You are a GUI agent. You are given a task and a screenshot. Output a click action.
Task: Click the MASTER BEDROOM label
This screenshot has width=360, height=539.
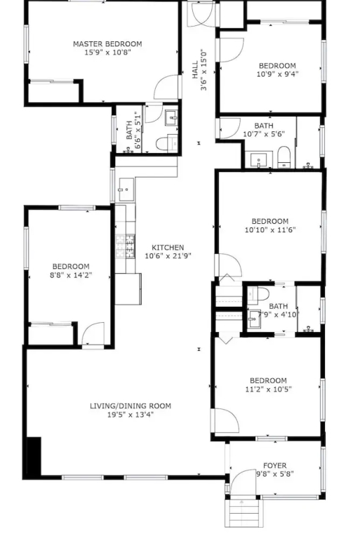click(107, 44)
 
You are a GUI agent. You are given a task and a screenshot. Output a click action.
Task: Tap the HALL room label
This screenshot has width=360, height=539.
click(195, 69)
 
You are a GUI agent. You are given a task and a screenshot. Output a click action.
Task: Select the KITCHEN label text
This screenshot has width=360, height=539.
click(168, 248)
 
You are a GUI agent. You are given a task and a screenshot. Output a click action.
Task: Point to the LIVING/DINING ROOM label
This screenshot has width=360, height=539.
click(131, 406)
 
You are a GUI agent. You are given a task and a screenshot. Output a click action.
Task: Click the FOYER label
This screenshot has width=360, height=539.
click(274, 466)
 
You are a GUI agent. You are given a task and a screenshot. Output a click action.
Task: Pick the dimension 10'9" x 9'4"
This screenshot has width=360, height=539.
click(277, 74)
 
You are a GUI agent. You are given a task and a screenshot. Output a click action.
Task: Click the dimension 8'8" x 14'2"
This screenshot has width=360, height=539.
click(71, 275)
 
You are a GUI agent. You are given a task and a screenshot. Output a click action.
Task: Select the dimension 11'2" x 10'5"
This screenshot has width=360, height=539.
click(268, 389)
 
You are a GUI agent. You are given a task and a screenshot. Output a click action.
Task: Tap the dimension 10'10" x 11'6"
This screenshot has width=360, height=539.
click(270, 229)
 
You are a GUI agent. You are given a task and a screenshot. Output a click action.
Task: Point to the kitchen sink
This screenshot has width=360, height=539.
click(126, 189)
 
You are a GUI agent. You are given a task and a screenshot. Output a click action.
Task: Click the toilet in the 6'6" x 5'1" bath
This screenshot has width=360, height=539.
click(166, 143)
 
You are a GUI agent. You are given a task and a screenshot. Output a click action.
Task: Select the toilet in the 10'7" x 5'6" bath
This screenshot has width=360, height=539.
click(284, 157)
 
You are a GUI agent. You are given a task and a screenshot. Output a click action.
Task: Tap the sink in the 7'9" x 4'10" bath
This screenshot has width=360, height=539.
click(255, 319)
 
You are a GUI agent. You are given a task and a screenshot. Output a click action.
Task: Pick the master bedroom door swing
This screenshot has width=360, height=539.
click(167, 87)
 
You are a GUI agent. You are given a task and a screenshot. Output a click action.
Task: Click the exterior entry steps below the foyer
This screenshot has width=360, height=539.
click(242, 513)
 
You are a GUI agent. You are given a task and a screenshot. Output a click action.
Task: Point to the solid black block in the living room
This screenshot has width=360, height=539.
click(34, 456)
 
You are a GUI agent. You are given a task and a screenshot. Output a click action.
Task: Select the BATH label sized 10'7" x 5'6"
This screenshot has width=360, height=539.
click(264, 126)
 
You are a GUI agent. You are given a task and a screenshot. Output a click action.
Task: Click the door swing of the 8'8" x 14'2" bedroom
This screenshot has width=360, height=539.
click(93, 333)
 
